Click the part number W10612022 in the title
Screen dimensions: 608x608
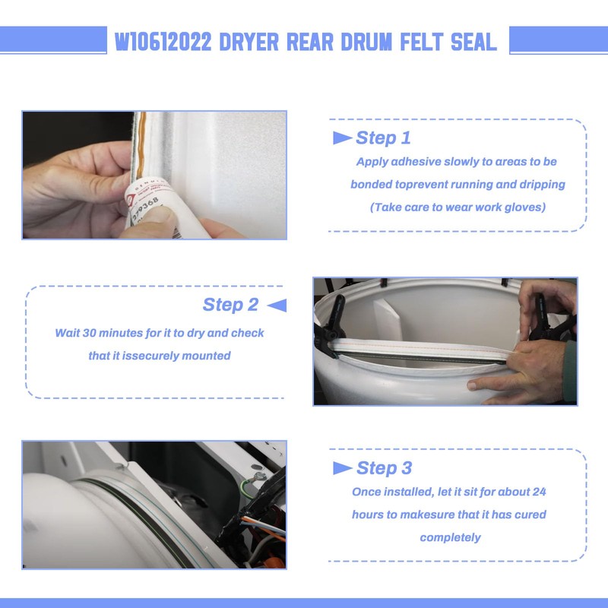pos(164,42)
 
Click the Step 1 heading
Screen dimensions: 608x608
pos(383,138)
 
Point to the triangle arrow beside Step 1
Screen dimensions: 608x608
pos(342,138)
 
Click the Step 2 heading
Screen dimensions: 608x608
pos(230,305)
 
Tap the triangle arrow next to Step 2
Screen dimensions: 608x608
pos(277,305)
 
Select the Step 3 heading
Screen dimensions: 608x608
pos(384,468)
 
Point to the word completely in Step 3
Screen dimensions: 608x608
pos(450,537)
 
